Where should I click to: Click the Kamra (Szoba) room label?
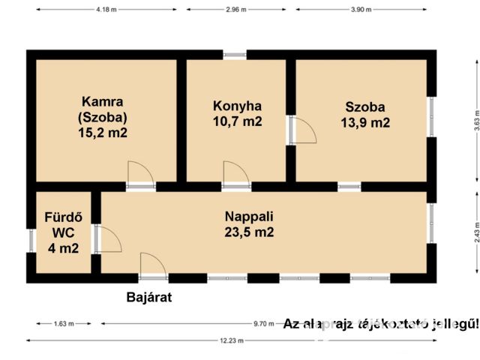tap(103, 109)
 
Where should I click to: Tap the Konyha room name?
tap(237, 106)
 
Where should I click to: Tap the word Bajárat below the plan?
tap(148, 298)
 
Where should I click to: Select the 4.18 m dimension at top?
tap(106, 9)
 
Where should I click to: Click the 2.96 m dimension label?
tap(236, 9)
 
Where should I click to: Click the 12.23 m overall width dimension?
tap(232, 340)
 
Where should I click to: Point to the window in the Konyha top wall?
tap(235, 55)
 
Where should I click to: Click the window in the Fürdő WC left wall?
tap(31, 240)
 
